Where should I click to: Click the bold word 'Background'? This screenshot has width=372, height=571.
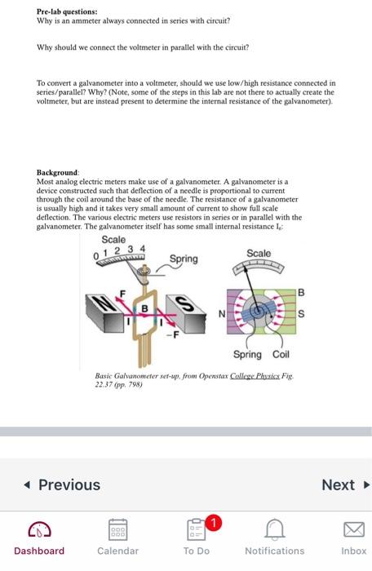(x=58, y=174)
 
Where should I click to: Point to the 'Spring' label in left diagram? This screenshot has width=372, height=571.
(x=184, y=259)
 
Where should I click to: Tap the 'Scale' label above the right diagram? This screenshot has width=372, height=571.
(x=259, y=254)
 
